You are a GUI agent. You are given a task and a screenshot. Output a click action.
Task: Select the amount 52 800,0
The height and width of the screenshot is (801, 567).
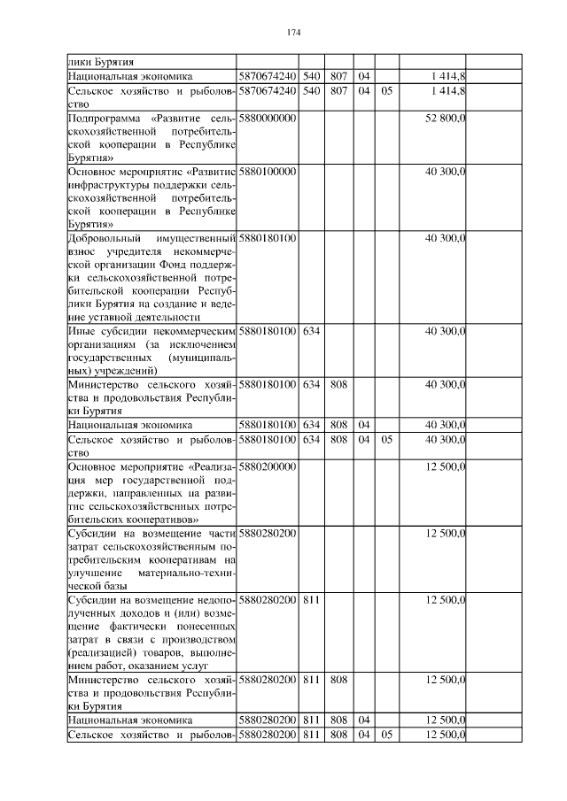coord(446,118)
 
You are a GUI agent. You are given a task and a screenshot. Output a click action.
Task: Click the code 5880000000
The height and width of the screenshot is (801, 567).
coord(267,118)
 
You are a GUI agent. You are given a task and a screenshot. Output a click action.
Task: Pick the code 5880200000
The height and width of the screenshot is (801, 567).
coord(267,466)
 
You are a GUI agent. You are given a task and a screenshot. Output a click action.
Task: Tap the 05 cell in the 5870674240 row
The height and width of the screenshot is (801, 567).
coord(386,90)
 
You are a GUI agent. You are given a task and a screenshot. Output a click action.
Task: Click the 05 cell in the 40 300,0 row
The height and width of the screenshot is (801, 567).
coord(386,439)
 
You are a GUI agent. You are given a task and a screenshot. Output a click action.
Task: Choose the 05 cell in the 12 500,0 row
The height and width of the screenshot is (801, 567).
coord(386,736)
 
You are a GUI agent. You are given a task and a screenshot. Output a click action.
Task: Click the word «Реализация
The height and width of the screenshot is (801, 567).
coord(210,466)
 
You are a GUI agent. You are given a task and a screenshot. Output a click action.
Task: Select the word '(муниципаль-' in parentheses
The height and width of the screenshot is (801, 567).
coord(201,357)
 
